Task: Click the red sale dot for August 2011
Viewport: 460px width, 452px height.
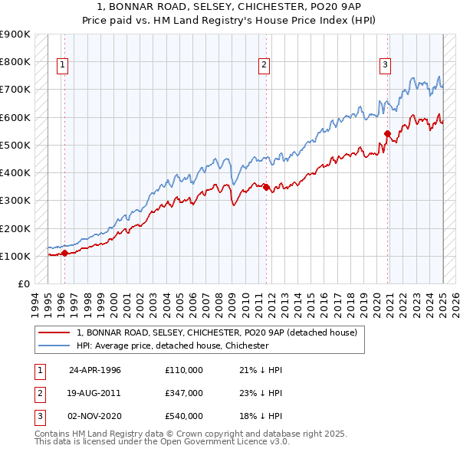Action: (265, 186)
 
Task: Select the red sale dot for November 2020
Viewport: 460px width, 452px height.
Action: (387, 133)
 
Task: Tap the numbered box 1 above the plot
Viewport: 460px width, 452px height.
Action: (61, 65)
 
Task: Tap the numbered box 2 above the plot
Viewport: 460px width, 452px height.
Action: (263, 65)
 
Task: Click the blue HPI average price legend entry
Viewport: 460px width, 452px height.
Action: (172, 346)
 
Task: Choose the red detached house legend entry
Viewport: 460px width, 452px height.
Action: (216, 332)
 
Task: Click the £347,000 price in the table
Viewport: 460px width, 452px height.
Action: (183, 393)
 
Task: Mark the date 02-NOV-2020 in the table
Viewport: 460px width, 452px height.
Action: (95, 416)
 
